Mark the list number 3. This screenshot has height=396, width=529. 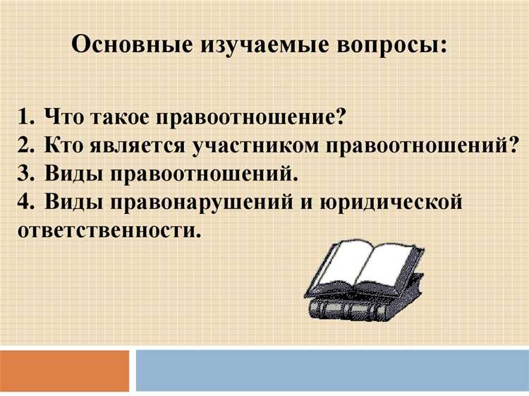[26, 173]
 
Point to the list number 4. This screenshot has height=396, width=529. [26, 202]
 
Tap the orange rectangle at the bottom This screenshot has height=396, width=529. [64, 371]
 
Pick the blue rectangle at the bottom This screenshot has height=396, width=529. [332, 371]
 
